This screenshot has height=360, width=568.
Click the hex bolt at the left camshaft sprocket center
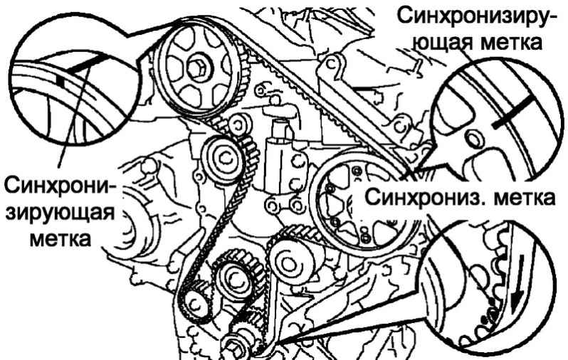tap(197, 68)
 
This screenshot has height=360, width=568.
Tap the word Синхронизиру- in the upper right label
tap(473, 16)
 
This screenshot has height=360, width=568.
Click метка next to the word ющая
tap(511, 42)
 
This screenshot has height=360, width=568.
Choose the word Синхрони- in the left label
tap(60, 186)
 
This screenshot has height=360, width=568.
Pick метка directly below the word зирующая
tap(60, 238)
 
